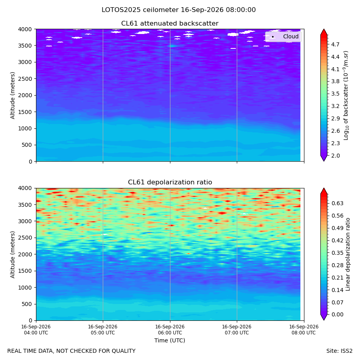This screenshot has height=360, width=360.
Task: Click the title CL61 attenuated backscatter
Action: tap(170, 24)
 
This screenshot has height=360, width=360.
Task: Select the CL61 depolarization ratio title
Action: tap(170, 182)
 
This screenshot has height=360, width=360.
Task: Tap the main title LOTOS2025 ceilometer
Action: tap(140, 10)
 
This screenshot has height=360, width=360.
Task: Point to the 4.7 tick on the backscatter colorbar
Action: tap(335, 44)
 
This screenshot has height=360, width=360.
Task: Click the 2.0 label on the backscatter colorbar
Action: tap(335, 156)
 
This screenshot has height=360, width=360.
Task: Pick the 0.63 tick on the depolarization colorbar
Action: tap(337, 203)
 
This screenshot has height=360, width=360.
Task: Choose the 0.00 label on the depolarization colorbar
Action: tap(337, 314)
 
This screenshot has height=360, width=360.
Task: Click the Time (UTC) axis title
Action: tap(170, 340)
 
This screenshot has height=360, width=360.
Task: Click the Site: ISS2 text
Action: tap(339, 351)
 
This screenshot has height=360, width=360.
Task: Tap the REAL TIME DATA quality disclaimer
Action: tap(72, 351)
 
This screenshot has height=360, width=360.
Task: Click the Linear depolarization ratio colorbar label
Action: tap(348, 254)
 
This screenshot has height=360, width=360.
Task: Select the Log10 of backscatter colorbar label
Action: tap(346, 95)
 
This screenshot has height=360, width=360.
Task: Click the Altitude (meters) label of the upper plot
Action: tap(12, 95)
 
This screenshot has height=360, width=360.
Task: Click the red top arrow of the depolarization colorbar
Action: tap(324, 191)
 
